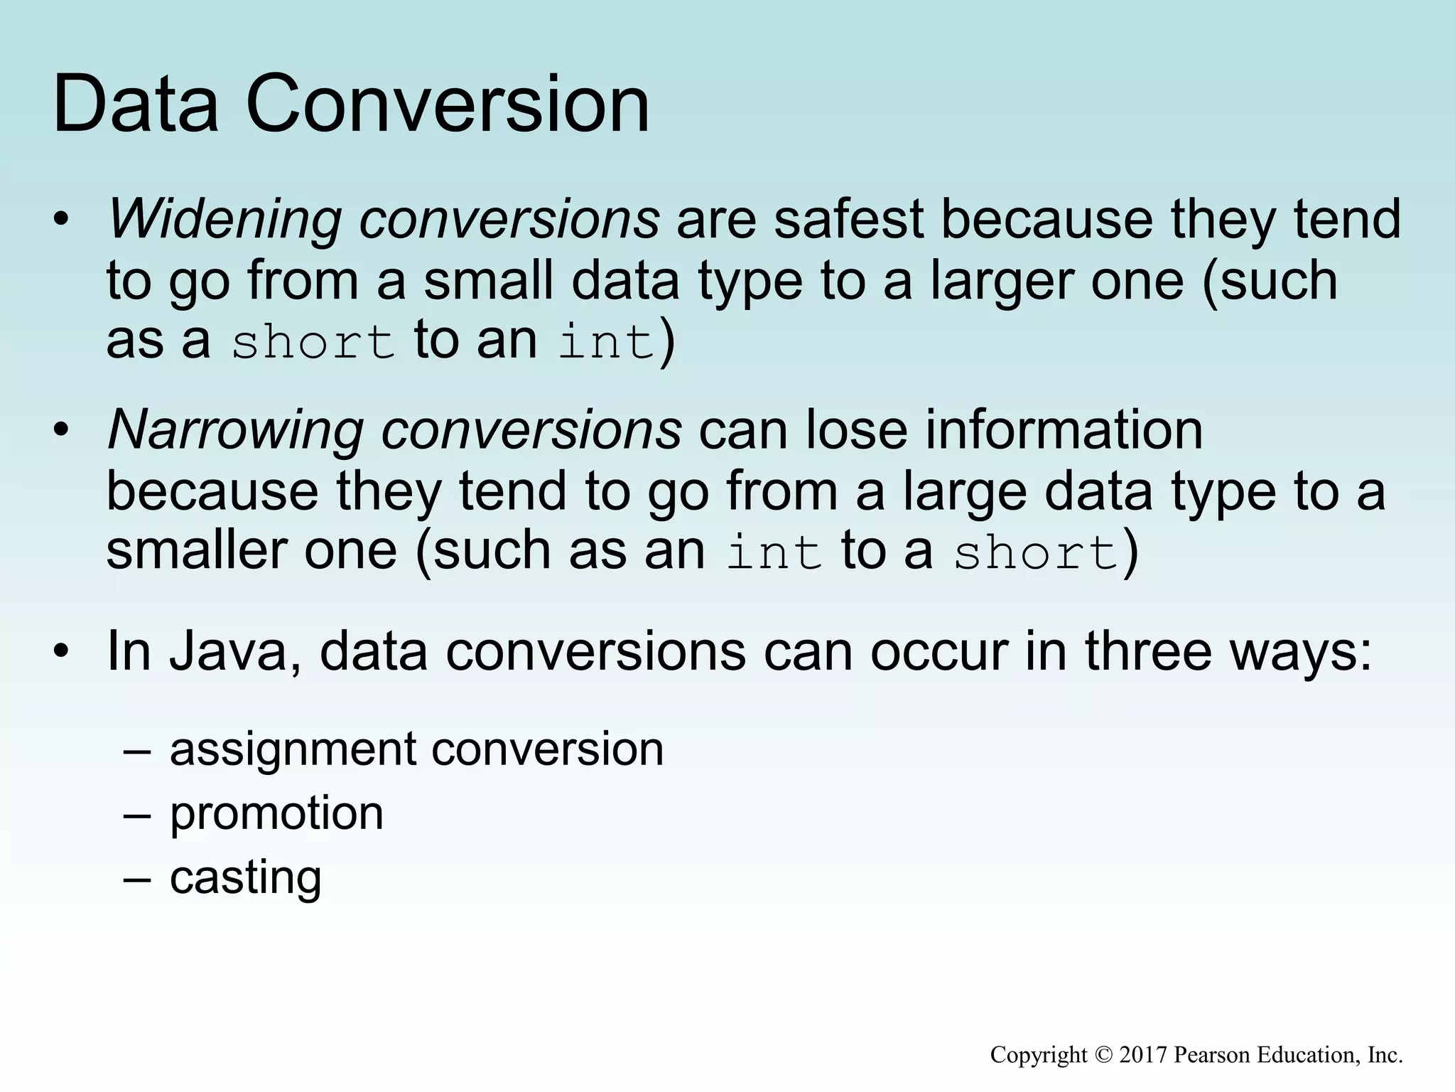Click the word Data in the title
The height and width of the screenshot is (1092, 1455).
click(x=135, y=105)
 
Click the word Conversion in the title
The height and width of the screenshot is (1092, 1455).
click(x=448, y=105)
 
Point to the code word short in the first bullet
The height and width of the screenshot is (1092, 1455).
click(x=313, y=342)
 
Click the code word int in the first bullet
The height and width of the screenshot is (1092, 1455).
click(x=605, y=342)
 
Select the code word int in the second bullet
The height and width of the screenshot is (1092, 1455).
click(x=774, y=553)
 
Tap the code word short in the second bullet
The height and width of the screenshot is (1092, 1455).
click(x=1035, y=553)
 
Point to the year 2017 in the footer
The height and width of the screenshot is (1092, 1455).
click(x=1143, y=1054)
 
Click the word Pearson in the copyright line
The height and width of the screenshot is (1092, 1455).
click(x=1212, y=1054)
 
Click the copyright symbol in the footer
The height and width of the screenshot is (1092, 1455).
click(x=1103, y=1054)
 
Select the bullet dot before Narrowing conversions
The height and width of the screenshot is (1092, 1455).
click(x=62, y=430)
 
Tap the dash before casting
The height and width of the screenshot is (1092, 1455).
click(x=136, y=878)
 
